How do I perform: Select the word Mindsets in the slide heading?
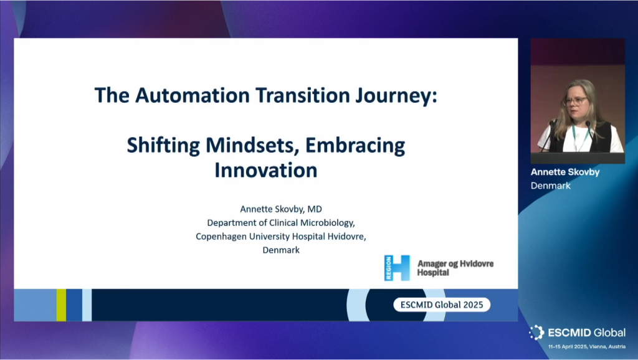click(252, 145)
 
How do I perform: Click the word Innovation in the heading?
click(265, 170)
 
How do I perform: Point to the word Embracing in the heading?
click(355, 146)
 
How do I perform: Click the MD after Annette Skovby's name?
click(315, 209)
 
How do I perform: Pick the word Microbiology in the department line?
click(327, 223)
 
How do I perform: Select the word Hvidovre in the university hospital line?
click(346, 236)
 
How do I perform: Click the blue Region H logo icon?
click(397, 268)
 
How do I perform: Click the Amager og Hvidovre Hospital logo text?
click(455, 268)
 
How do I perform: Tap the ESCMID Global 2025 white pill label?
click(442, 305)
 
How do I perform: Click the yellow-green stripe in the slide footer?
click(62, 305)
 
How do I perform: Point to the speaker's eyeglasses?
click(575, 101)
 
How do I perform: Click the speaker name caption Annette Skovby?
click(565, 172)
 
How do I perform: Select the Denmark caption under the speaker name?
click(551, 186)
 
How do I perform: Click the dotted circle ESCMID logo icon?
click(536, 333)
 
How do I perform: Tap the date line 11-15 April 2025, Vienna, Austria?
click(587, 346)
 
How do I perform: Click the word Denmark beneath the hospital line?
click(281, 250)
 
